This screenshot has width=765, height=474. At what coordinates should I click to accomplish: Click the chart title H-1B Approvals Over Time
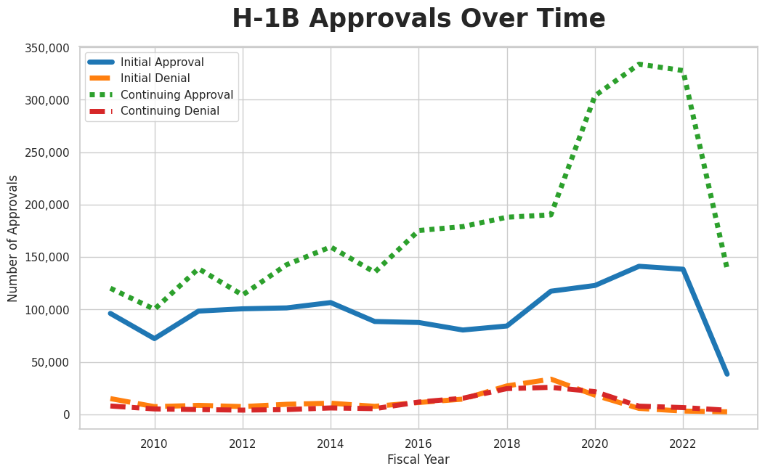(418, 20)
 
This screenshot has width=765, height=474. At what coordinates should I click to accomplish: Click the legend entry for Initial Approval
(162, 62)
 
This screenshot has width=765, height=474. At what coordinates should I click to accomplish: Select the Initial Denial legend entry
(155, 78)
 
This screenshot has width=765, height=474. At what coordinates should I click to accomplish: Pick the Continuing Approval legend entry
(177, 95)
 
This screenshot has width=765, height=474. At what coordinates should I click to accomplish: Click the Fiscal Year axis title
(418, 459)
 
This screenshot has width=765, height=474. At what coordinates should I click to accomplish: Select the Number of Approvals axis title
(13, 238)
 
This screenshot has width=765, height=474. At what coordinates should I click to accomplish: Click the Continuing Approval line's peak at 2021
(639, 64)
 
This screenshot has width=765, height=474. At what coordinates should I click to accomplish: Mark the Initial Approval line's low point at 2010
(154, 338)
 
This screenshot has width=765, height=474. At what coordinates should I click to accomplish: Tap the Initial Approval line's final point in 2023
(726, 374)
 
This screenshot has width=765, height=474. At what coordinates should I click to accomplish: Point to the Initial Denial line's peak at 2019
(551, 379)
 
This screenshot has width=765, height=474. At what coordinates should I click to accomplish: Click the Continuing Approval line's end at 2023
(726, 266)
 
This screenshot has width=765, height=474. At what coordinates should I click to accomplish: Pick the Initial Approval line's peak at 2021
(639, 266)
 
